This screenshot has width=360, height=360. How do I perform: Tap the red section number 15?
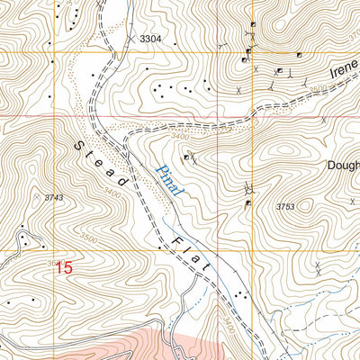62,267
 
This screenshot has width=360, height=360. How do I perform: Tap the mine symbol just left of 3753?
248,203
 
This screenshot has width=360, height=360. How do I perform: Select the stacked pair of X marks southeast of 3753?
319,267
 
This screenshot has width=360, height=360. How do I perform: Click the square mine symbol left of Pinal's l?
187,157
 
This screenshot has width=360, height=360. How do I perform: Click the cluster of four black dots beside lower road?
238,295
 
